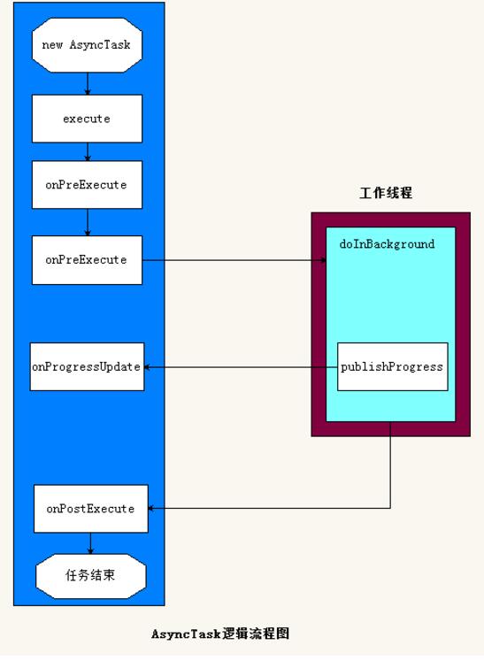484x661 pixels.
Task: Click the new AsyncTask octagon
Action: [86, 45]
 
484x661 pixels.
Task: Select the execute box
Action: [87, 119]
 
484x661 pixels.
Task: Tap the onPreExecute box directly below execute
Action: [87, 185]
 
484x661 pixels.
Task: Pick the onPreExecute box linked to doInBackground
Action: [87, 260]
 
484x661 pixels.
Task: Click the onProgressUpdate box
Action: [87, 366]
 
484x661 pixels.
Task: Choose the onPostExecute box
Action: [90, 509]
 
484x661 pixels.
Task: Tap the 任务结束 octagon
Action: [90, 576]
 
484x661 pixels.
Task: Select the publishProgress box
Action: [392, 366]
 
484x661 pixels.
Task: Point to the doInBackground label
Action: [387, 244]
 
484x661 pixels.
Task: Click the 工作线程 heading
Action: [386, 193]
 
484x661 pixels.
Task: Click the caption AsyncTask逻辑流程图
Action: [220, 634]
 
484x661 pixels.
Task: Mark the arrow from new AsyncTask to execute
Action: [87, 83]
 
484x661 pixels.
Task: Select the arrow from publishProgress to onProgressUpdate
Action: [239, 366]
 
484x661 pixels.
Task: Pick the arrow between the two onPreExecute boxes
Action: [87, 222]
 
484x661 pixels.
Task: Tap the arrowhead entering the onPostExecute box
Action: [151, 509]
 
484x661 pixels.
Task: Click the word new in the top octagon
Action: [52, 45]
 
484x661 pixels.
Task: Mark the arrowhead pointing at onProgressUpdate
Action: [148, 366]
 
